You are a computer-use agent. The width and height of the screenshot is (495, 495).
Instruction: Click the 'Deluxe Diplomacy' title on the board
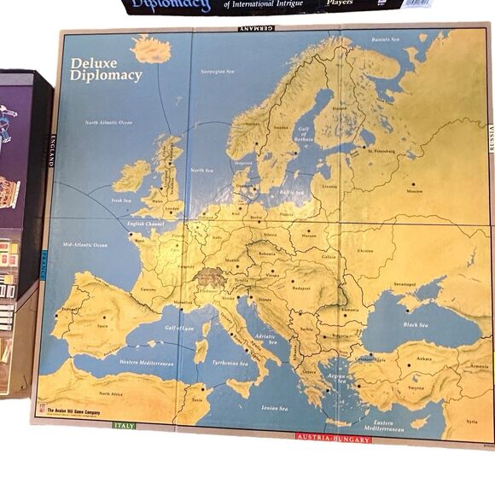(106, 69)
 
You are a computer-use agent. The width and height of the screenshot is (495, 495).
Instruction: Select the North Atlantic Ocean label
(108, 123)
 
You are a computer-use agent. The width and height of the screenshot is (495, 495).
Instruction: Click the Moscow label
(415, 191)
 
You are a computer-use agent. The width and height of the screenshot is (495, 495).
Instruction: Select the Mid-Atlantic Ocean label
(85, 245)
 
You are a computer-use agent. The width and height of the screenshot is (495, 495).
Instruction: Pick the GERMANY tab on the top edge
(256, 29)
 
